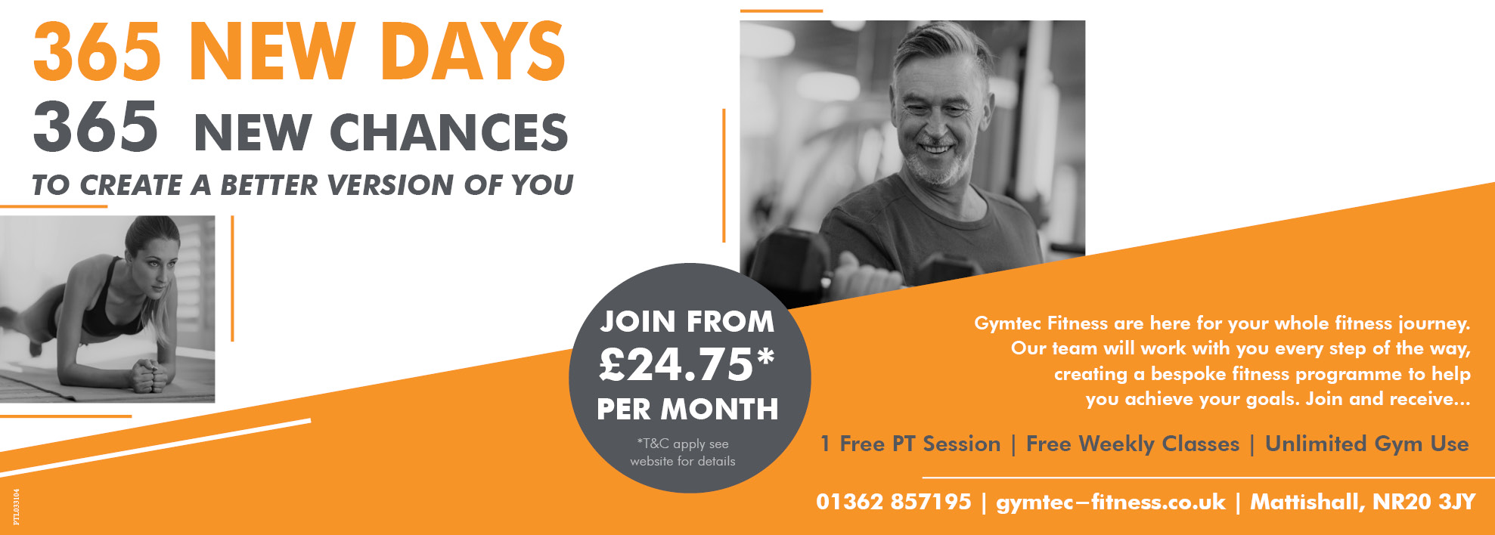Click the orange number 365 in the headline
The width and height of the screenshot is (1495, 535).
97,51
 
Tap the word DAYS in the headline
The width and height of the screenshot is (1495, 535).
472,51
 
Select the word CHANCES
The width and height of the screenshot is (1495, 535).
448,132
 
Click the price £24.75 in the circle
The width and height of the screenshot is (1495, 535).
687,364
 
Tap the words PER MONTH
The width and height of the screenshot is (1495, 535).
687,410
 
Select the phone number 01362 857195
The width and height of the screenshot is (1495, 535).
893,502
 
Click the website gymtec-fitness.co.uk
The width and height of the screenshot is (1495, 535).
1110,502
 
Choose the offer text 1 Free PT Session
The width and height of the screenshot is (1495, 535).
910,444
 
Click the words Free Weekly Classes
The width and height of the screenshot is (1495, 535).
1133,444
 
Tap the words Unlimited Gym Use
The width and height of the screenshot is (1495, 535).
1367,444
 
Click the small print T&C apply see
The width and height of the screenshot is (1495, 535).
683,444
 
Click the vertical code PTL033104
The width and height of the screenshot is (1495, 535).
17,506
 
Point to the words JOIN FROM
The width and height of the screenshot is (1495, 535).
687,322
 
